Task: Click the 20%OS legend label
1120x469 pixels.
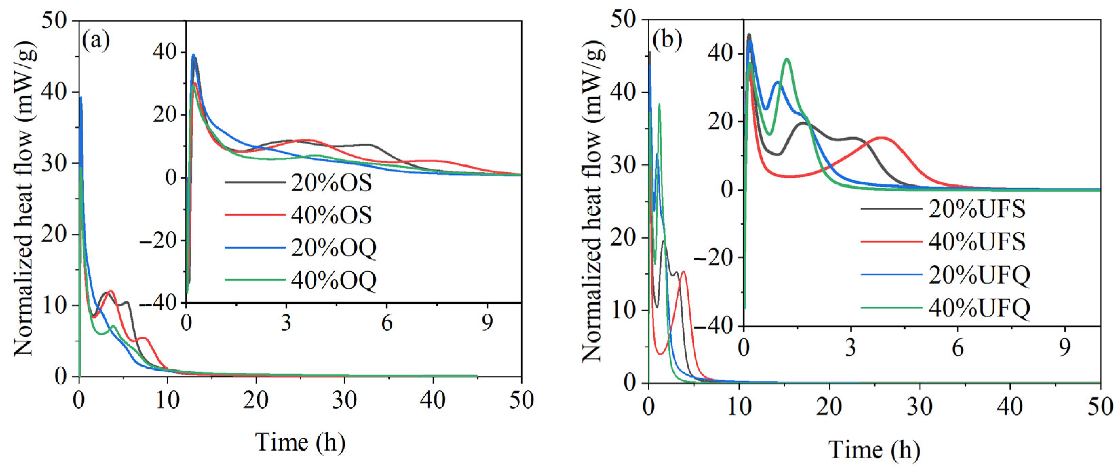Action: [x=331, y=183]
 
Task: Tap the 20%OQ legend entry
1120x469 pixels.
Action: [x=333, y=249]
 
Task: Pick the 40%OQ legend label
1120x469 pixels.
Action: [x=333, y=281]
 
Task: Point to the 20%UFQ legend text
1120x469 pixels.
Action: [x=979, y=275]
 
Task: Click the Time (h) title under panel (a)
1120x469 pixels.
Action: [x=300, y=443]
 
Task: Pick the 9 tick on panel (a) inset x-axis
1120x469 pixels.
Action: [x=487, y=324]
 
